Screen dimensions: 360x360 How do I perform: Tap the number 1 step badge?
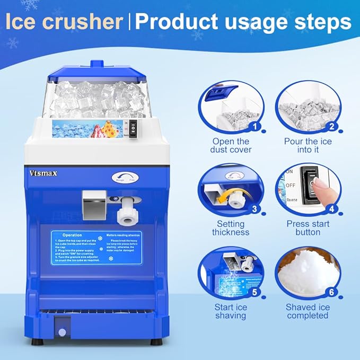tap(257, 126)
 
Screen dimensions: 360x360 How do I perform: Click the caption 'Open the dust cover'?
tap(231, 145)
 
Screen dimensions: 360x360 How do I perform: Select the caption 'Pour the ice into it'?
tap(308, 145)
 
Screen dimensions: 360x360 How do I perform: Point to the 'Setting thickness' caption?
tap(231, 228)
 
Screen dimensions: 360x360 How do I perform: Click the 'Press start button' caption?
tap(308, 228)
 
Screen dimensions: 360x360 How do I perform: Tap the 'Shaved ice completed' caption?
tap(308, 311)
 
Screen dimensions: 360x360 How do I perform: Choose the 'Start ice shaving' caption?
tap(231, 311)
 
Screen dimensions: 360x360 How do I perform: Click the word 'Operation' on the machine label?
tap(72, 235)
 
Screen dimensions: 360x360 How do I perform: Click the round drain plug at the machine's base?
tap(62, 332)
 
